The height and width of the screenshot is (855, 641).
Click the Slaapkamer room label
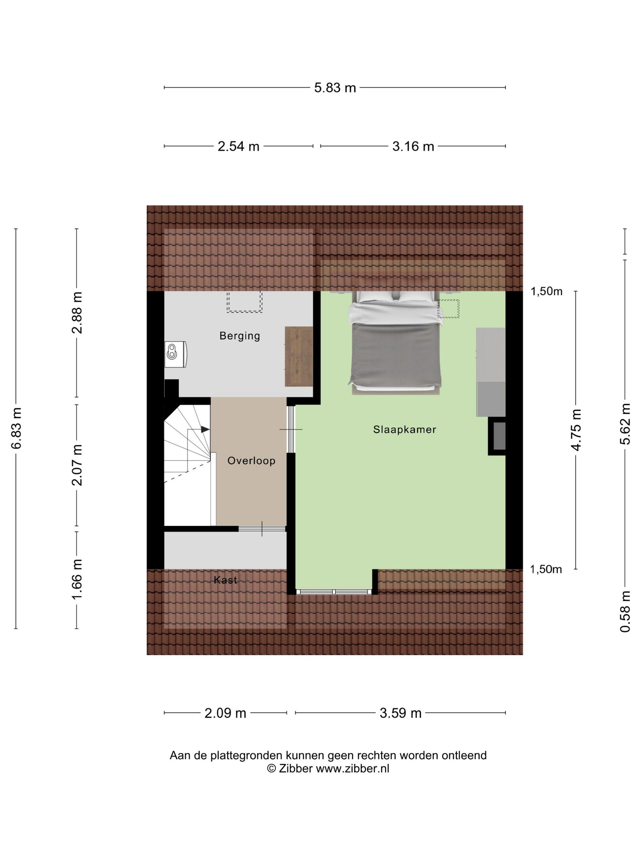point(404,429)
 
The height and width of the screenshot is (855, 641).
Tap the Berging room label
point(240,336)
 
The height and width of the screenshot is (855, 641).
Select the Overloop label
point(251,461)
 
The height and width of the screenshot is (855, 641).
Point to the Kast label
point(225,580)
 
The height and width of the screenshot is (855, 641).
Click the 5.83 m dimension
point(335,88)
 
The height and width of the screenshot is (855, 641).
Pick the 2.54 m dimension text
point(238,147)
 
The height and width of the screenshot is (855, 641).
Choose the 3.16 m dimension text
point(413,147)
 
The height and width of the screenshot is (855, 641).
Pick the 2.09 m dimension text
point(225,713)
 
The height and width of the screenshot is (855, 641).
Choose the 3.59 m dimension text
point(400,713)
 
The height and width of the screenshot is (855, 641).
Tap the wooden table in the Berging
point(299,356)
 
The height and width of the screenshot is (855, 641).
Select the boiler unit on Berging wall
point(176,354)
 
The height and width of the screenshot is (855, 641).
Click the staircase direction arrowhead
point(205,429)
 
